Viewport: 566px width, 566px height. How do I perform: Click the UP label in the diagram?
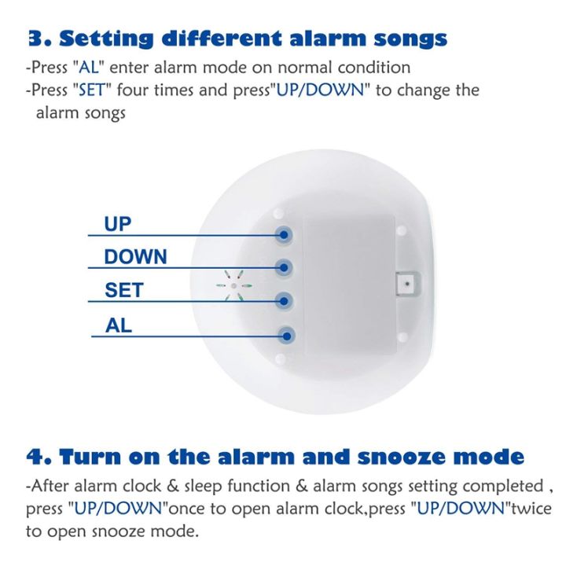coord(118,223)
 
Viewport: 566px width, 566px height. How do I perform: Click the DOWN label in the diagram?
coord(136,257)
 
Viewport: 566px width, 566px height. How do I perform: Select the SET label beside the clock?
coord(124,290)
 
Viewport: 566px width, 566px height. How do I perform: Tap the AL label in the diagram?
coord(119,324)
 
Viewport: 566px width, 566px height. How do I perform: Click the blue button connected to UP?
coord(285,233)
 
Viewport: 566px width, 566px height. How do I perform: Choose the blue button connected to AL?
coord(287,335)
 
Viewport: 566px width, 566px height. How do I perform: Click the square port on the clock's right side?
coord(406,281)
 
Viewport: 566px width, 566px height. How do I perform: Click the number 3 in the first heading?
coord(34,39)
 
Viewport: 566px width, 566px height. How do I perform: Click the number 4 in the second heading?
coord(35,456)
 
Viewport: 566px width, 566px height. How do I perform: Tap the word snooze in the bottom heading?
coord(402,456)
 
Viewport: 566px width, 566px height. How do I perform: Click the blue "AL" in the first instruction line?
coord(91,68)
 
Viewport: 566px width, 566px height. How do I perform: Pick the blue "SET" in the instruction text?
coord(94,90)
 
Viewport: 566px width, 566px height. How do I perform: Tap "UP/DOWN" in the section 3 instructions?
coord(320,90)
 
